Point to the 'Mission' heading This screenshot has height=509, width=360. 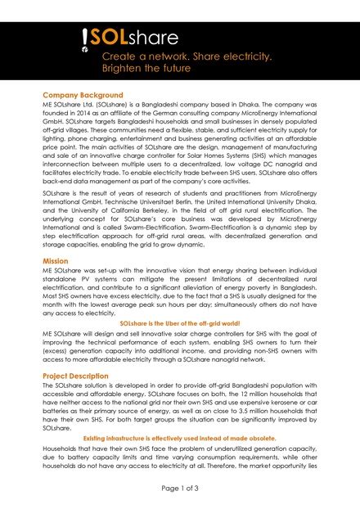pyautogui.click(x=56, y=259)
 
